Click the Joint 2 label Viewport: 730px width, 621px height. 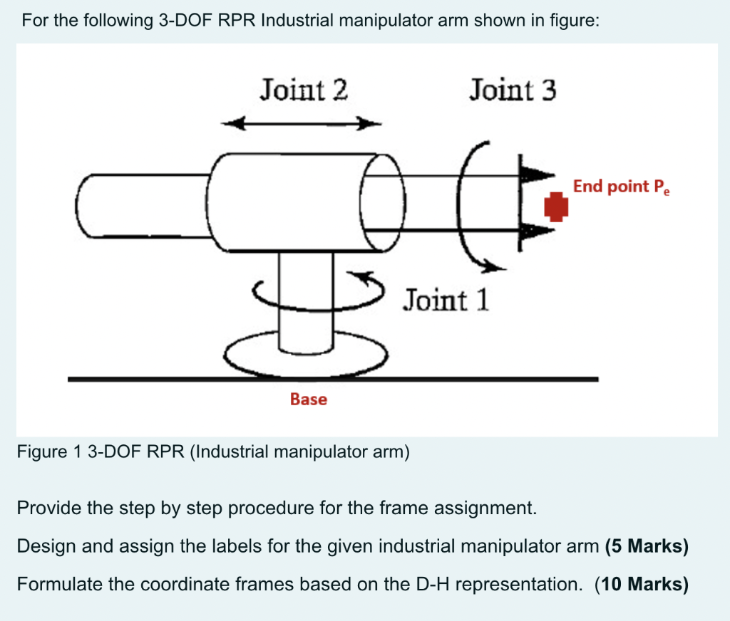304,90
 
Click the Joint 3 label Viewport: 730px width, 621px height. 513,90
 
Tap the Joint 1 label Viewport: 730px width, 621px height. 446,300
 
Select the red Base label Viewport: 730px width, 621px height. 309,400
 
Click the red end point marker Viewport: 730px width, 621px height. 557,207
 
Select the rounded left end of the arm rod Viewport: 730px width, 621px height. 89,207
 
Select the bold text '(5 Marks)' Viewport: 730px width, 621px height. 646,546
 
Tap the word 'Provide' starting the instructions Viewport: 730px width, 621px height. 45,508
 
